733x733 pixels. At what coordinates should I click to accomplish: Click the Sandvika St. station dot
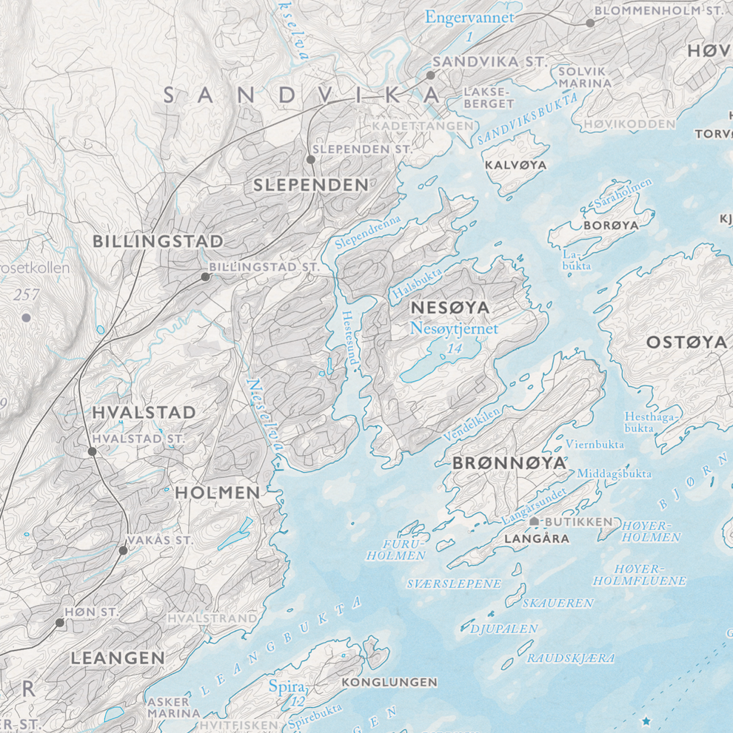click(430, 75)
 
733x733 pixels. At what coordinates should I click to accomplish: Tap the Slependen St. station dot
click(311, 159)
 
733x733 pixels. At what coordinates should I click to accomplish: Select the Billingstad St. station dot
click(205, 277)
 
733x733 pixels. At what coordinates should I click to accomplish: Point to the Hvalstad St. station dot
click(92, 451)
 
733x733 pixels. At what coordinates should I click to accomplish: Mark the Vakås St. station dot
click(123, 550)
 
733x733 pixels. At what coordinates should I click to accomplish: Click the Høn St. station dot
click(60, 623)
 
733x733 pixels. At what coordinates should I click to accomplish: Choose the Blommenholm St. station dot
click(590, 23)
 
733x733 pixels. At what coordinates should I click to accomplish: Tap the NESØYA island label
click(450, 306)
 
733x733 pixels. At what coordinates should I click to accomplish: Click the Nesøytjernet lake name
click(454, 328)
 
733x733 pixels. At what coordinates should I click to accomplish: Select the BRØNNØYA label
click(509, 463)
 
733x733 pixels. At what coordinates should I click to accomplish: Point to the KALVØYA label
click(515, 165)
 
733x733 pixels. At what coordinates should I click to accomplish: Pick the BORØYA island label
click(611, 224)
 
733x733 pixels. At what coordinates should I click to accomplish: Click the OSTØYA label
click(686, 342)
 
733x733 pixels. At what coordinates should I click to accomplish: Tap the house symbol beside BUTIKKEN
click(535, 521)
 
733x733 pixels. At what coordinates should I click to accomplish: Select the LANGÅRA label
click(536, 539)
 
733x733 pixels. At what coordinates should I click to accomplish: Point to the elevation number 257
click(26, 294)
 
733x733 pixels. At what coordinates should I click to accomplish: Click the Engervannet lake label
click(469, 17)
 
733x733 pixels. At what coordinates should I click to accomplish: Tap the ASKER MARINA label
click(173, 707)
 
